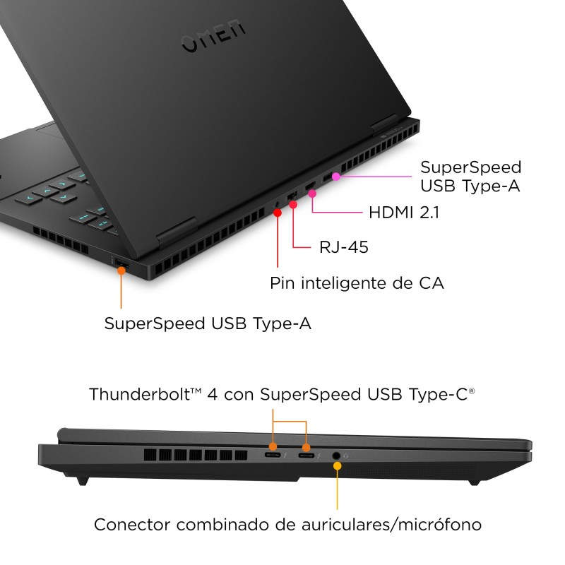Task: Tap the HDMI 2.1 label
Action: click(404, 213)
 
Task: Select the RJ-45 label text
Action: click(344, 247)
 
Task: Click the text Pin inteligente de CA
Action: click(357, 283)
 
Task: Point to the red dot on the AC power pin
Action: click(278, 213)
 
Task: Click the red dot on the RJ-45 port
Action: click(293, 205)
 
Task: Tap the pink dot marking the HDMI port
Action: click(312, 194)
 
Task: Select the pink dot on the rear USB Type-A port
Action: click(336, 177)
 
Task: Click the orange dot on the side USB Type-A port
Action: click(121, 270)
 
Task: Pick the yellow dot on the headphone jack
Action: click(338, 466)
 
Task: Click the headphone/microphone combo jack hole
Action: click(336, 456)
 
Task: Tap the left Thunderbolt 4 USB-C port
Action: click(273, 455)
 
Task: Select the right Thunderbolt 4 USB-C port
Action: click(307, 456)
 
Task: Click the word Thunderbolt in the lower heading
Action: click(140, 394)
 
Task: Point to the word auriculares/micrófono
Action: click(391, 525)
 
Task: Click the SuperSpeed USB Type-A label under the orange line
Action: click(208, 323)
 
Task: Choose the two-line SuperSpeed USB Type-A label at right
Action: click(470, 177)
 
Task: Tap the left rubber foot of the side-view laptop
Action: click(83, 481)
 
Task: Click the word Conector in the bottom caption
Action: click(132, 525)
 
